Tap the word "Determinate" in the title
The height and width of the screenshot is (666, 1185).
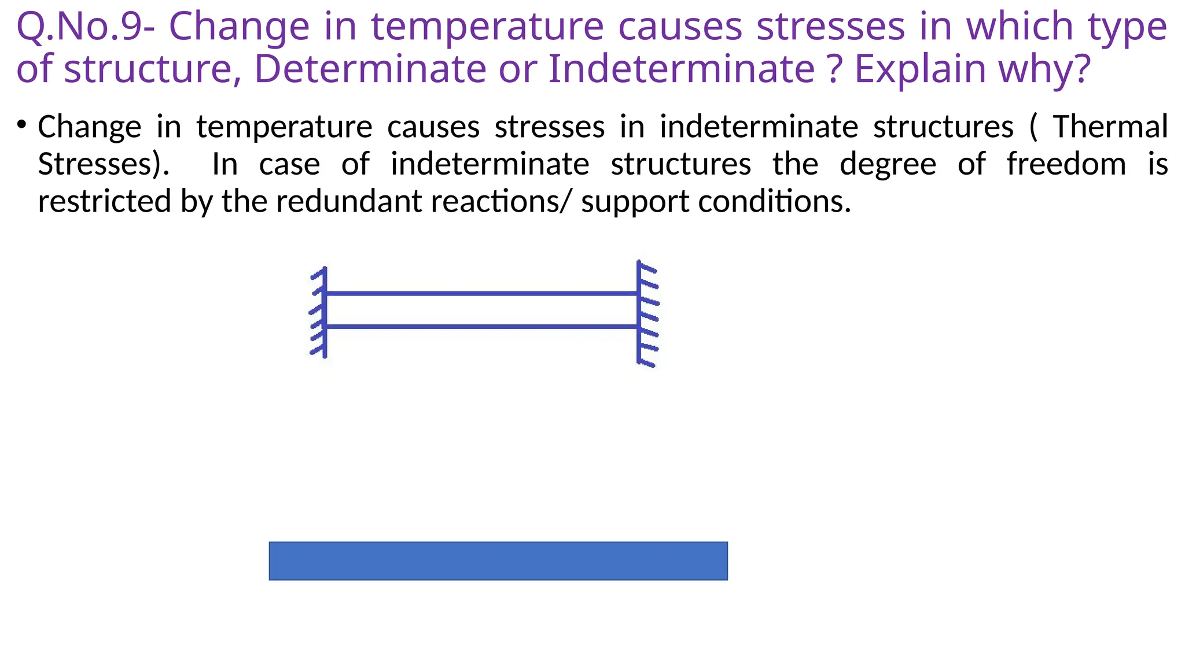(370, 69)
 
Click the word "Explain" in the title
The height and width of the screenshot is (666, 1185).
(920, 69)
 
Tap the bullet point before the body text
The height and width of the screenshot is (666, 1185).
(22, 124)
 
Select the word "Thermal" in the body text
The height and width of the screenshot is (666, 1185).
(1110, 127)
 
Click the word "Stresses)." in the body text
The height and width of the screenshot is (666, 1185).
(104, 164)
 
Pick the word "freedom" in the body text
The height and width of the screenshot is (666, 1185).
(1066, 164)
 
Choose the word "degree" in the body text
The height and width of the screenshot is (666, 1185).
(888, 164)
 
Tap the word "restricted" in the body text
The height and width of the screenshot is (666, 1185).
(105, 202)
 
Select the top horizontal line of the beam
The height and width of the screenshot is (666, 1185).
(480, 294)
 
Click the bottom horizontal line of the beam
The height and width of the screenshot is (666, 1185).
(480, 327)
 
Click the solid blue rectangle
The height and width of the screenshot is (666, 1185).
(498, 561)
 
